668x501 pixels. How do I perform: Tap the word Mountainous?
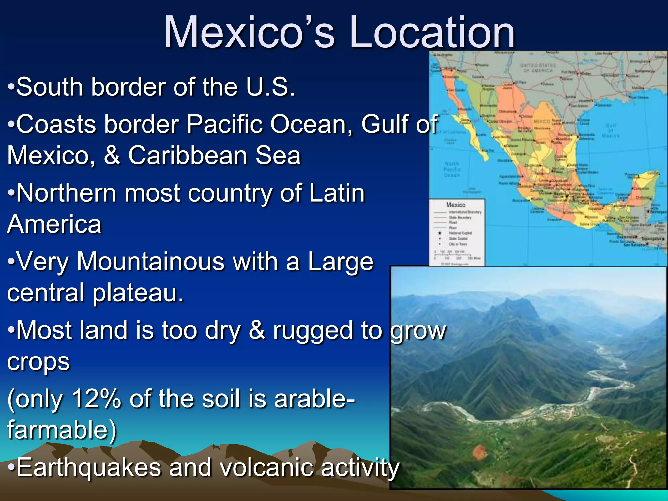coord(150,262)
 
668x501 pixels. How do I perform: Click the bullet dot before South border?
coord(11,87)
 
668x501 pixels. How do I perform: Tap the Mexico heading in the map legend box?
coord(456,205)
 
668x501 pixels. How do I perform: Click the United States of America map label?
coord(538,68)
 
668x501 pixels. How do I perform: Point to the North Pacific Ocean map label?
coord(452,169)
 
